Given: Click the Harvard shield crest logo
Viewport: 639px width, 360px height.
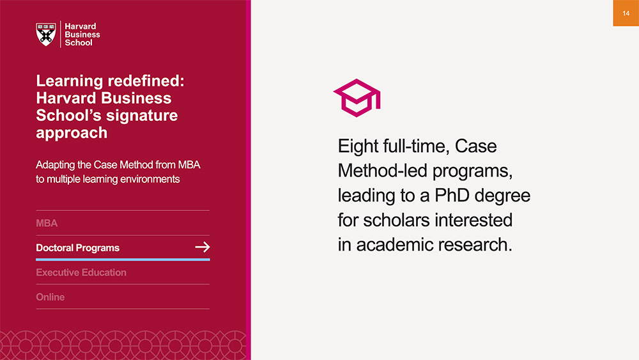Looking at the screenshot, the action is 46,35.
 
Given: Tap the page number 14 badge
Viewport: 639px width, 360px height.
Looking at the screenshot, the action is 626,13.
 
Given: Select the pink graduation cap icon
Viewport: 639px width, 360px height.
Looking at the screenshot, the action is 357,98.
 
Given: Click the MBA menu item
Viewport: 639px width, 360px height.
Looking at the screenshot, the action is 47,223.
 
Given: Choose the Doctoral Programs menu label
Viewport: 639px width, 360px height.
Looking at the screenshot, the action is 78,248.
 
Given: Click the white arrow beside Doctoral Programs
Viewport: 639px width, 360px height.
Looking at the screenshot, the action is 202,247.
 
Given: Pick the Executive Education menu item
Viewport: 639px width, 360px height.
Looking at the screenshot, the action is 81,272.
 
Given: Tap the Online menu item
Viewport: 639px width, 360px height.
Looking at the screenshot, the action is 50,297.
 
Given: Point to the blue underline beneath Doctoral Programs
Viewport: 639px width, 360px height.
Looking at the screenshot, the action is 123,260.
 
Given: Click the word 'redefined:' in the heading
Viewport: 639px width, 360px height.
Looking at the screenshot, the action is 146,81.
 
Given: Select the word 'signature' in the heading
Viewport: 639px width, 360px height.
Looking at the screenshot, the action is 142,116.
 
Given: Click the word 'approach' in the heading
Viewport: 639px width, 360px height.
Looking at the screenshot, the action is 72,133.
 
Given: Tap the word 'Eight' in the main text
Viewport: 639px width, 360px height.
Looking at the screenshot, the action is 358,146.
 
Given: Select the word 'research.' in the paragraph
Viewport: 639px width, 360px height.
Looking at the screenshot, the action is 475,245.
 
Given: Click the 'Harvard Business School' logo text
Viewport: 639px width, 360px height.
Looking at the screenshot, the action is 82,35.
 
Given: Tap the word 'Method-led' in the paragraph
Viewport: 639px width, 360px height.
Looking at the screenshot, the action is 382,171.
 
